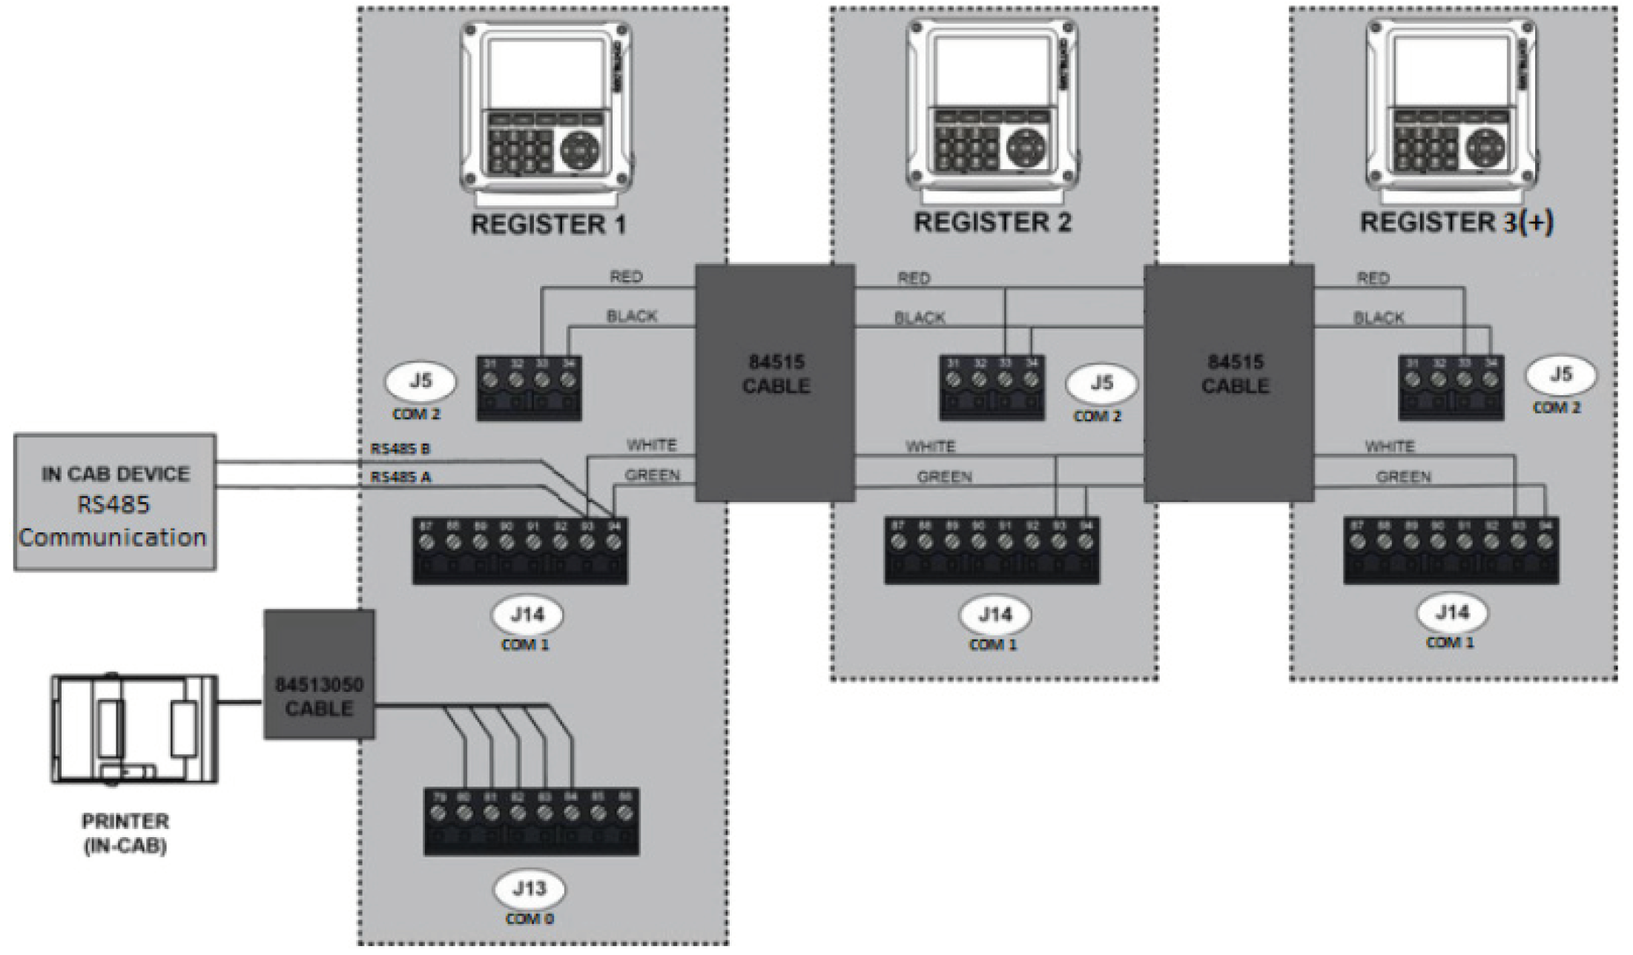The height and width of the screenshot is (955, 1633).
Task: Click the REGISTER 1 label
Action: click(x=548, y=225)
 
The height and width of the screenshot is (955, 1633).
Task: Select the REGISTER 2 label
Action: click(x=992, y=222)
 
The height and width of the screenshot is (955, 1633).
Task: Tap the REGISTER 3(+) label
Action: click(x=1456, y=222)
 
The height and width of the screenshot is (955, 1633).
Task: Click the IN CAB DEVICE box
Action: click(x=115, y=503)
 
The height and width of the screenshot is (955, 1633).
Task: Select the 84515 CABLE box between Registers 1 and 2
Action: click(x=775, y=383)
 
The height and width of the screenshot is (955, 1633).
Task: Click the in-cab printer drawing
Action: click(x=133, y=728)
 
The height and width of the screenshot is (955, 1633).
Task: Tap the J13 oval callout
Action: click(x=529, y=888)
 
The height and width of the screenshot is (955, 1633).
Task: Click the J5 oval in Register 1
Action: click(x=420, y=381)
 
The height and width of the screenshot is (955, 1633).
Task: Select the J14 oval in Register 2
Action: click(x=994, y=615)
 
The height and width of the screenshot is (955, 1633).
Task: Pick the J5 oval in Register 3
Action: click(x=1560, y=374)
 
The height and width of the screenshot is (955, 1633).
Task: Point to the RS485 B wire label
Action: click(x=400, y=449)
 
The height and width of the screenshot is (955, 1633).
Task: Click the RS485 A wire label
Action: click(x=400, y=477)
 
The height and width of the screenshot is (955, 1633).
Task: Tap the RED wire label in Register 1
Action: click(x=626, y=277)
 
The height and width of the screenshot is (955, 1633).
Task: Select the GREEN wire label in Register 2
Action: click(x=944, y=477)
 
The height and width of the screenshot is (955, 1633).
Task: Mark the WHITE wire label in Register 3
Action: click(x=1390, y=446)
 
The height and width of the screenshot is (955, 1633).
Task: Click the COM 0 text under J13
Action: click(x=529, y=919)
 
